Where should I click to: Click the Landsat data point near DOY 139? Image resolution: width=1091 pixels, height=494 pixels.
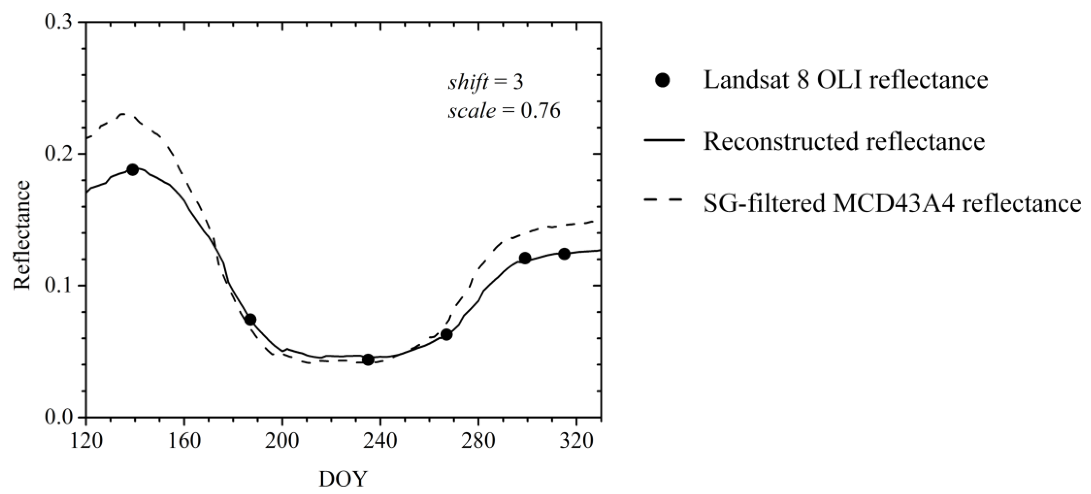[x=133, y=169]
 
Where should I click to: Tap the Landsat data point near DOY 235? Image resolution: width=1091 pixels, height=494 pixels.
[x=368, y=360]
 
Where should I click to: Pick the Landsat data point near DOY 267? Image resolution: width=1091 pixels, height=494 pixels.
[x=446, y=335]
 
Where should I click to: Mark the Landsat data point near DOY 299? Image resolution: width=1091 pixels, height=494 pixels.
[x=525, y=258]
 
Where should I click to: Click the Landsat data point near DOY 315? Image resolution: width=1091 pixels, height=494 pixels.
[x=564, y=254]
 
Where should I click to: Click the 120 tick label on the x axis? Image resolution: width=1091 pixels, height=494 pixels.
[x=86, y=441]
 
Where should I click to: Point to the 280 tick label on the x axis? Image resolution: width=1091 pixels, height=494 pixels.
[x=478, y=441]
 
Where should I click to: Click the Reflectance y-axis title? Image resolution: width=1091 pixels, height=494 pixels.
[x=22, y=235]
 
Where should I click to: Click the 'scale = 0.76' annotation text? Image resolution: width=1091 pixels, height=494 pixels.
[x=504, y=111]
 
